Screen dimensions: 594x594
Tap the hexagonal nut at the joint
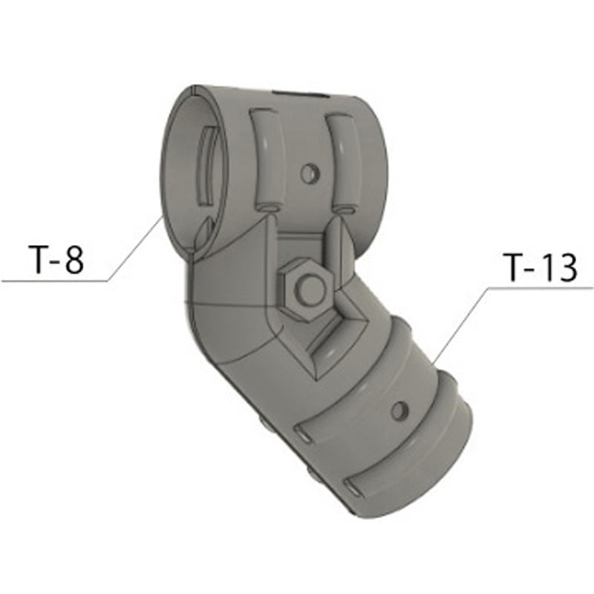(x=306, y=289)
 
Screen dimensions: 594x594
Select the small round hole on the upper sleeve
(x=310, y=174)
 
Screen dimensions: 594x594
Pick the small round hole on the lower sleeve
(x=400, y=411)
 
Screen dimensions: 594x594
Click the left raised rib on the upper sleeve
(x=267, y=160)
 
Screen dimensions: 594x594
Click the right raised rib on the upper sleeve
(x=342, y=162)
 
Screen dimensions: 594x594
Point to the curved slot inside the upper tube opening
(x=208, y=166)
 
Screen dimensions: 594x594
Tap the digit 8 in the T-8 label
(x=74, y=259)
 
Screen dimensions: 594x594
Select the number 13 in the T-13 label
(x=558, y=267)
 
